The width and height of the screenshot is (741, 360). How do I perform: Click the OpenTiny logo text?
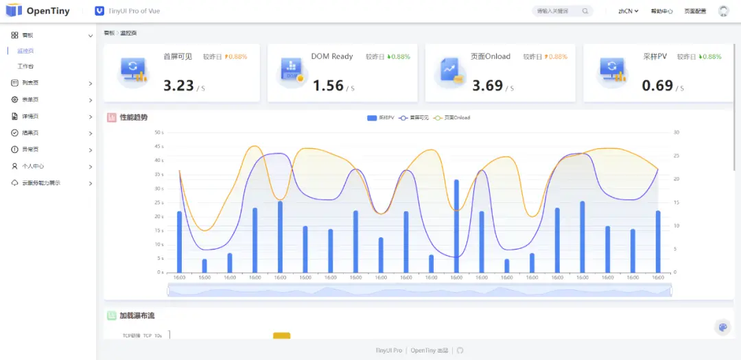click(x=48, y=11)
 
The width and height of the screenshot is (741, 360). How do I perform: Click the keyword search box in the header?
click(x=558, y=11)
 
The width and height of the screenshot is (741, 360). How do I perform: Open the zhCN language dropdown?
click(x=628, y=11)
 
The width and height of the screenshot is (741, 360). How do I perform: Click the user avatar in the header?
click(x=723, y=11)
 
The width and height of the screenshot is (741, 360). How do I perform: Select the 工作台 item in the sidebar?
click(x=25, y=67)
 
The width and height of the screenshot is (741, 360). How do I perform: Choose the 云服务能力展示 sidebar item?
click(x=40, y=183)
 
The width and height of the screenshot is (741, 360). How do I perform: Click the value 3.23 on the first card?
click(x=178, y=86)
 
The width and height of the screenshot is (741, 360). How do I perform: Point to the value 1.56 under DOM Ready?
click(x=328, y=86)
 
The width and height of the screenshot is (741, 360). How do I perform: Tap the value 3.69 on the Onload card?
click(x=487, y=86)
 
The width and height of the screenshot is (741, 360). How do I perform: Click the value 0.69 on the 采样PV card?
click(x=657, y=86)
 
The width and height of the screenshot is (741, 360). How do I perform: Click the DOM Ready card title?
click(x=331, y=56)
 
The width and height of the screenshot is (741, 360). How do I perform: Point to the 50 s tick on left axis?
click(x=158, y=132)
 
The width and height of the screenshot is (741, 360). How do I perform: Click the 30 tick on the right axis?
click(x=676, y=132)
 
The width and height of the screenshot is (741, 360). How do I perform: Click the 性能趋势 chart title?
click(x=133, y=118)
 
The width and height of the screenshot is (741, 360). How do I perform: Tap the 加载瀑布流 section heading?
click(x=137, y=316)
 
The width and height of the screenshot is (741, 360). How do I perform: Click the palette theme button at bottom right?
click(x=722, y=327)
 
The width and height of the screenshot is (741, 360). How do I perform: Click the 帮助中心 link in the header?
click(x=661, y=11)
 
